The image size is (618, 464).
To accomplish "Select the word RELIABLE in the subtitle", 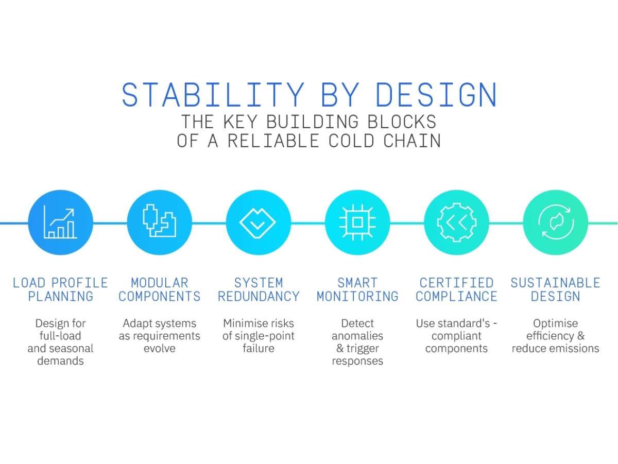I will [x=273, y=140].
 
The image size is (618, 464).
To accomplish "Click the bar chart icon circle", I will [x=60, y=222].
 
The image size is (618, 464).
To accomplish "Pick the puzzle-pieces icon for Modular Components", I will [x=159, y=222].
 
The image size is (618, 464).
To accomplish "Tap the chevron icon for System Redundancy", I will [x=258, y=222].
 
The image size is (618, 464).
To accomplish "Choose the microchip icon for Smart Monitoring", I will [x=357, y=222].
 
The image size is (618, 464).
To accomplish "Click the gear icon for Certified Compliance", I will [x=456, y=222].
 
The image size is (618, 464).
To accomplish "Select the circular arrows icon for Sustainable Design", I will [x=555, y=222].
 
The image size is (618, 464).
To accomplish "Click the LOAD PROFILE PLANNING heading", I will [x=60, y=289].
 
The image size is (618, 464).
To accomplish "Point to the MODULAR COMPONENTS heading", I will [x=159, y=289].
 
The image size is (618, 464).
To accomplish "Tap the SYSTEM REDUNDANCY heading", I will [x=258, y=289].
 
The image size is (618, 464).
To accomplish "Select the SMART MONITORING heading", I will [x=357, y=289].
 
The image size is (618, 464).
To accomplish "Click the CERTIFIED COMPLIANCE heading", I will [x=456, y=289].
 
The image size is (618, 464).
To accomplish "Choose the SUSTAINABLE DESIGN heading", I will [x=555, y=289].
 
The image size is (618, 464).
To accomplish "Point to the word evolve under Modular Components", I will [x=159, y=348].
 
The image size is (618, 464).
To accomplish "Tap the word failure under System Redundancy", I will [x=258, y=348].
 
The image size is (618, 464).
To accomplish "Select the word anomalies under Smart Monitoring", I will [x=357, y=336].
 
